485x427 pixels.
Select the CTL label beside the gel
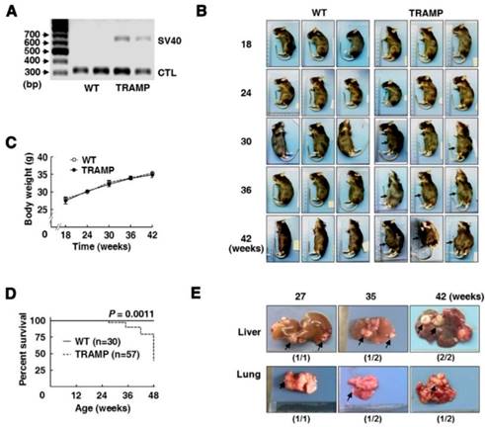coord(169,72)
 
